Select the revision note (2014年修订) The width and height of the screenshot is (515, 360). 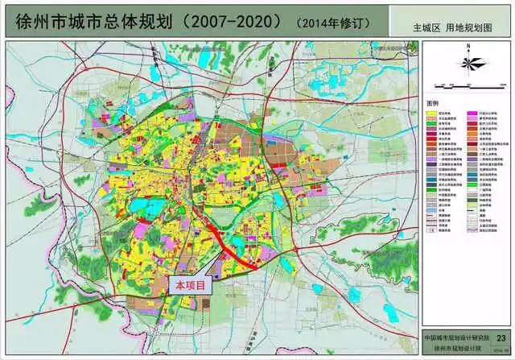click(x=329, y=19)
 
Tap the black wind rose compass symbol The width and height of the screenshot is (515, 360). click(x=467, y=63)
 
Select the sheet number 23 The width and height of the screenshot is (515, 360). click(x=501, y=338)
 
